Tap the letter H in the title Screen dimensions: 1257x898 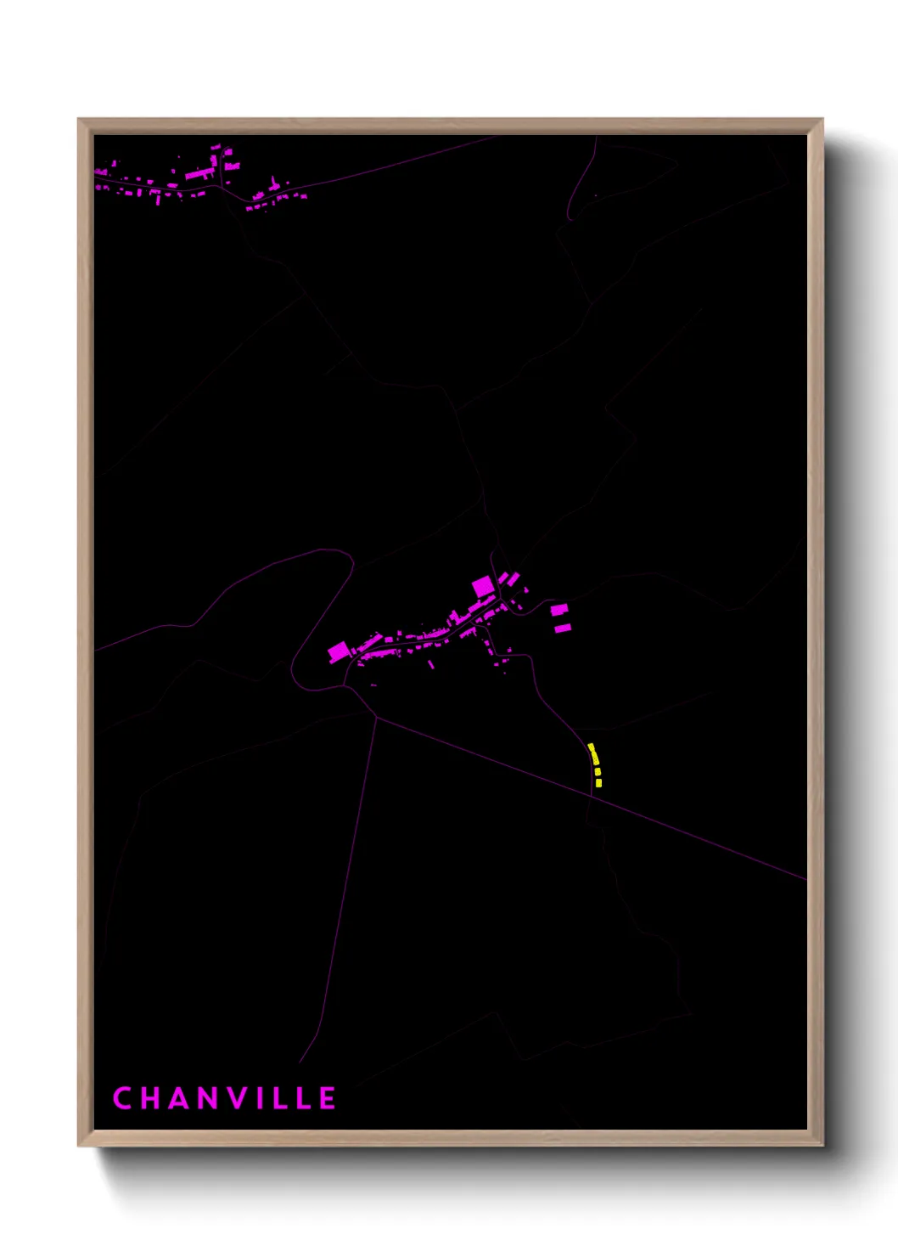tap(152, 1098)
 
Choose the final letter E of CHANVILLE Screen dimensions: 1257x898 tap(328, 1098)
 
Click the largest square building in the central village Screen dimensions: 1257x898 tap(483, 586)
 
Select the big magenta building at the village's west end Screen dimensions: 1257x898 tap(338, 651)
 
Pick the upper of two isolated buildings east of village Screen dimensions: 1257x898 tap(558, 609)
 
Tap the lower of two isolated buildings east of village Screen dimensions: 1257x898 tap(562, 628)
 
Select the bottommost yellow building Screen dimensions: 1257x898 tap(598, 783)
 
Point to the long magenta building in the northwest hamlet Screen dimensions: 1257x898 tap(200, 173)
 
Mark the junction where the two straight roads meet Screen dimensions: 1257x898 tap(376, 718)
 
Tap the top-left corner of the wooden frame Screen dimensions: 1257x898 tap(80, 121)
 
